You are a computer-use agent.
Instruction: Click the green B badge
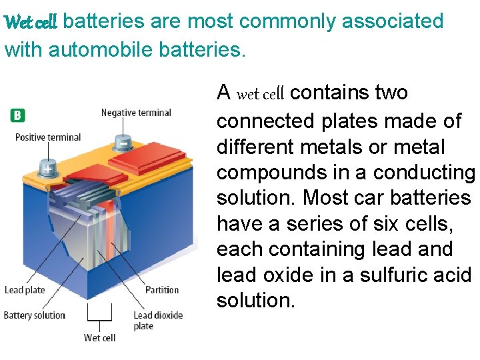17,115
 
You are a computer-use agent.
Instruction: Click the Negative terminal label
136,113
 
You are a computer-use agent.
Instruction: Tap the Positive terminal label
48,137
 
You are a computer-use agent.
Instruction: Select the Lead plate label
25,290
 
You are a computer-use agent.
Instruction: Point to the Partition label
162,290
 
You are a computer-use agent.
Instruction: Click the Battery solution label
35,315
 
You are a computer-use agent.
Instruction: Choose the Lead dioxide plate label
157,321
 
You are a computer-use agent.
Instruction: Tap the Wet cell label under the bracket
99,338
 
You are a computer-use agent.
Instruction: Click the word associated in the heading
393,21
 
